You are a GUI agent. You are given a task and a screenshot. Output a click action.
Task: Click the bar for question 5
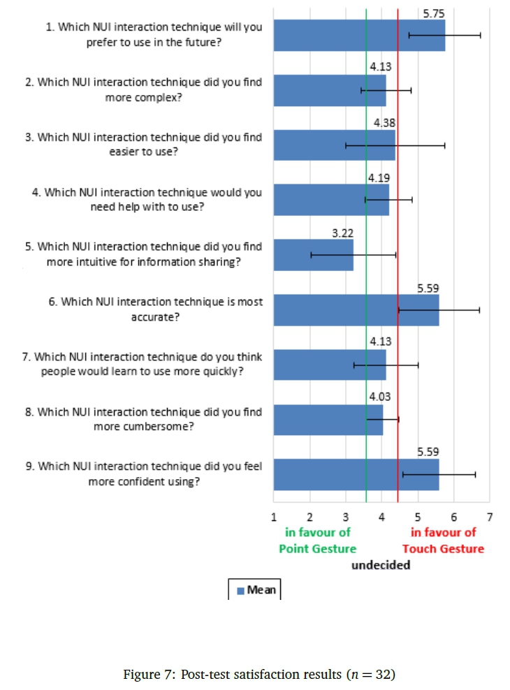pos(313,255)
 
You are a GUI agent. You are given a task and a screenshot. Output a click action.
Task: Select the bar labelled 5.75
pos(358,35)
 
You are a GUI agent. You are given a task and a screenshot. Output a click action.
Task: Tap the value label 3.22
pos(342,233)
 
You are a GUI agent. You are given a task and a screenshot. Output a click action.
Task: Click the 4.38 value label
pos(384,123)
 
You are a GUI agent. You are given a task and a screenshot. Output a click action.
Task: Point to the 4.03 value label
pos(380,397)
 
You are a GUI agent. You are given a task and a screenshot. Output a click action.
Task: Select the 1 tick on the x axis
pos(273,517)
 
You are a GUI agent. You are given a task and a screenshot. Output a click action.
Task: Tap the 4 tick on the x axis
pos(381,517)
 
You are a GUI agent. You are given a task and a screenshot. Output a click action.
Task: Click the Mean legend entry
pos(256,590)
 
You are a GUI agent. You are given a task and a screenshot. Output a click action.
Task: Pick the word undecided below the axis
pos(381,565)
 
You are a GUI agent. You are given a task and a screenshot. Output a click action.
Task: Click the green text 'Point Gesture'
pos(317,548)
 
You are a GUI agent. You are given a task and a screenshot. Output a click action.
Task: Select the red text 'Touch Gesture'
pos(443,548)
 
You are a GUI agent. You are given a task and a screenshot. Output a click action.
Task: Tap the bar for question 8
pos(328,420)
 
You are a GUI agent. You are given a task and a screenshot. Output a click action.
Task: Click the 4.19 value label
pos(378,177)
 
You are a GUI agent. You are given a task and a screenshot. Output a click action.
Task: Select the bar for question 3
pos(334,145)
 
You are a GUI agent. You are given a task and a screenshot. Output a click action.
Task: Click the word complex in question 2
pos(143,97)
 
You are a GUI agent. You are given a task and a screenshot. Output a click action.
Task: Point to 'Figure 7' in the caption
pos(149,674)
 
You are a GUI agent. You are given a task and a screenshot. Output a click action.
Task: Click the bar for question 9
pos(356,474)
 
